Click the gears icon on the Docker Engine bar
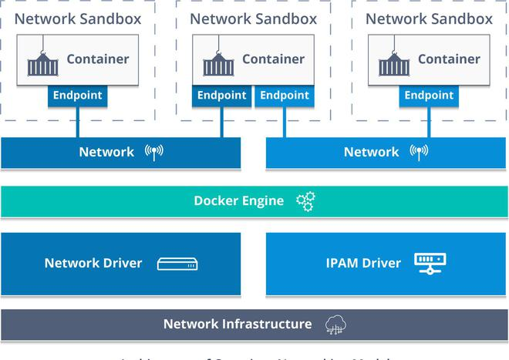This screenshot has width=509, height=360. pyautogui.click(x=306, y=202)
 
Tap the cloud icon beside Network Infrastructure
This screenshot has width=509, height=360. pyautogui.click(x=336, y=325)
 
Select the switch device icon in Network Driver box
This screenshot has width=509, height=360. pyautogui.click(x=177, y=264)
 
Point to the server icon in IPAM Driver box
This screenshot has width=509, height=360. pyautogui.click(x=430, y=263)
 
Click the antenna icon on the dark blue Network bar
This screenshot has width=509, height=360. pyautogui.click(x=154, y=152)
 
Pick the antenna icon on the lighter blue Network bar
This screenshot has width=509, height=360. pyautogui.click(x=419, y=152)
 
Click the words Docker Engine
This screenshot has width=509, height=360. pyautogui.click(x=238, y=201)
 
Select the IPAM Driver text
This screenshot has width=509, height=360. pyautogui.click(x=363, y=263)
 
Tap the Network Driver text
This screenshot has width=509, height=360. pyautogui.click(x=93, y=263)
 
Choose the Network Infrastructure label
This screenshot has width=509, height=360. pyautogui.click(x=238, y=324)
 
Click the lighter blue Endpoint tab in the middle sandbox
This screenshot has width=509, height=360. pyautogui.click(x=284, y=96)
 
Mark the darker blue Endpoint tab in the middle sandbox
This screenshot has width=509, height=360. pyautogui.click(x=221, y=96)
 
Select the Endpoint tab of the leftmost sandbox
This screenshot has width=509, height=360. pyautogui.click(x=77, y=96)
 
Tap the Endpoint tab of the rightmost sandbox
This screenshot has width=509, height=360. pyautogui.click(x=429, y=96)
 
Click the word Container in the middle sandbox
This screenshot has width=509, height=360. pyautogui.click(x=274, y=59)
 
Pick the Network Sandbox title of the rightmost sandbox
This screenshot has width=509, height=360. pyautogui.click(x=429, y=19)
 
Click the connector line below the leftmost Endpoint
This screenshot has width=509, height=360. pyautogui.click(x=77, y=122)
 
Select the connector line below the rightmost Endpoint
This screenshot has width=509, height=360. pyautogui.click(x=429, y=122)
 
